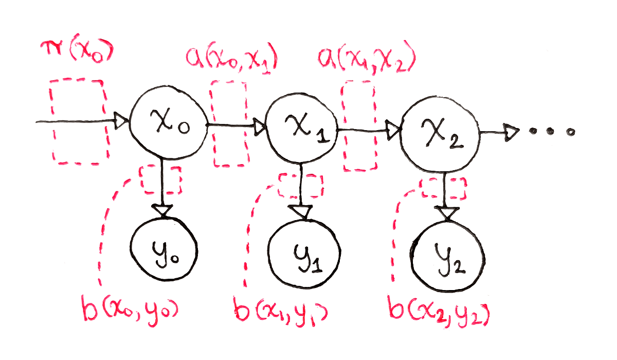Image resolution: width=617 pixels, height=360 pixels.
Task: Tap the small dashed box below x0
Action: point(161,179)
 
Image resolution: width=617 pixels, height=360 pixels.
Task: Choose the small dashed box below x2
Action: point(443,189)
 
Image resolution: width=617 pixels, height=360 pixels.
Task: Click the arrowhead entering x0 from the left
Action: point(121,122)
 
